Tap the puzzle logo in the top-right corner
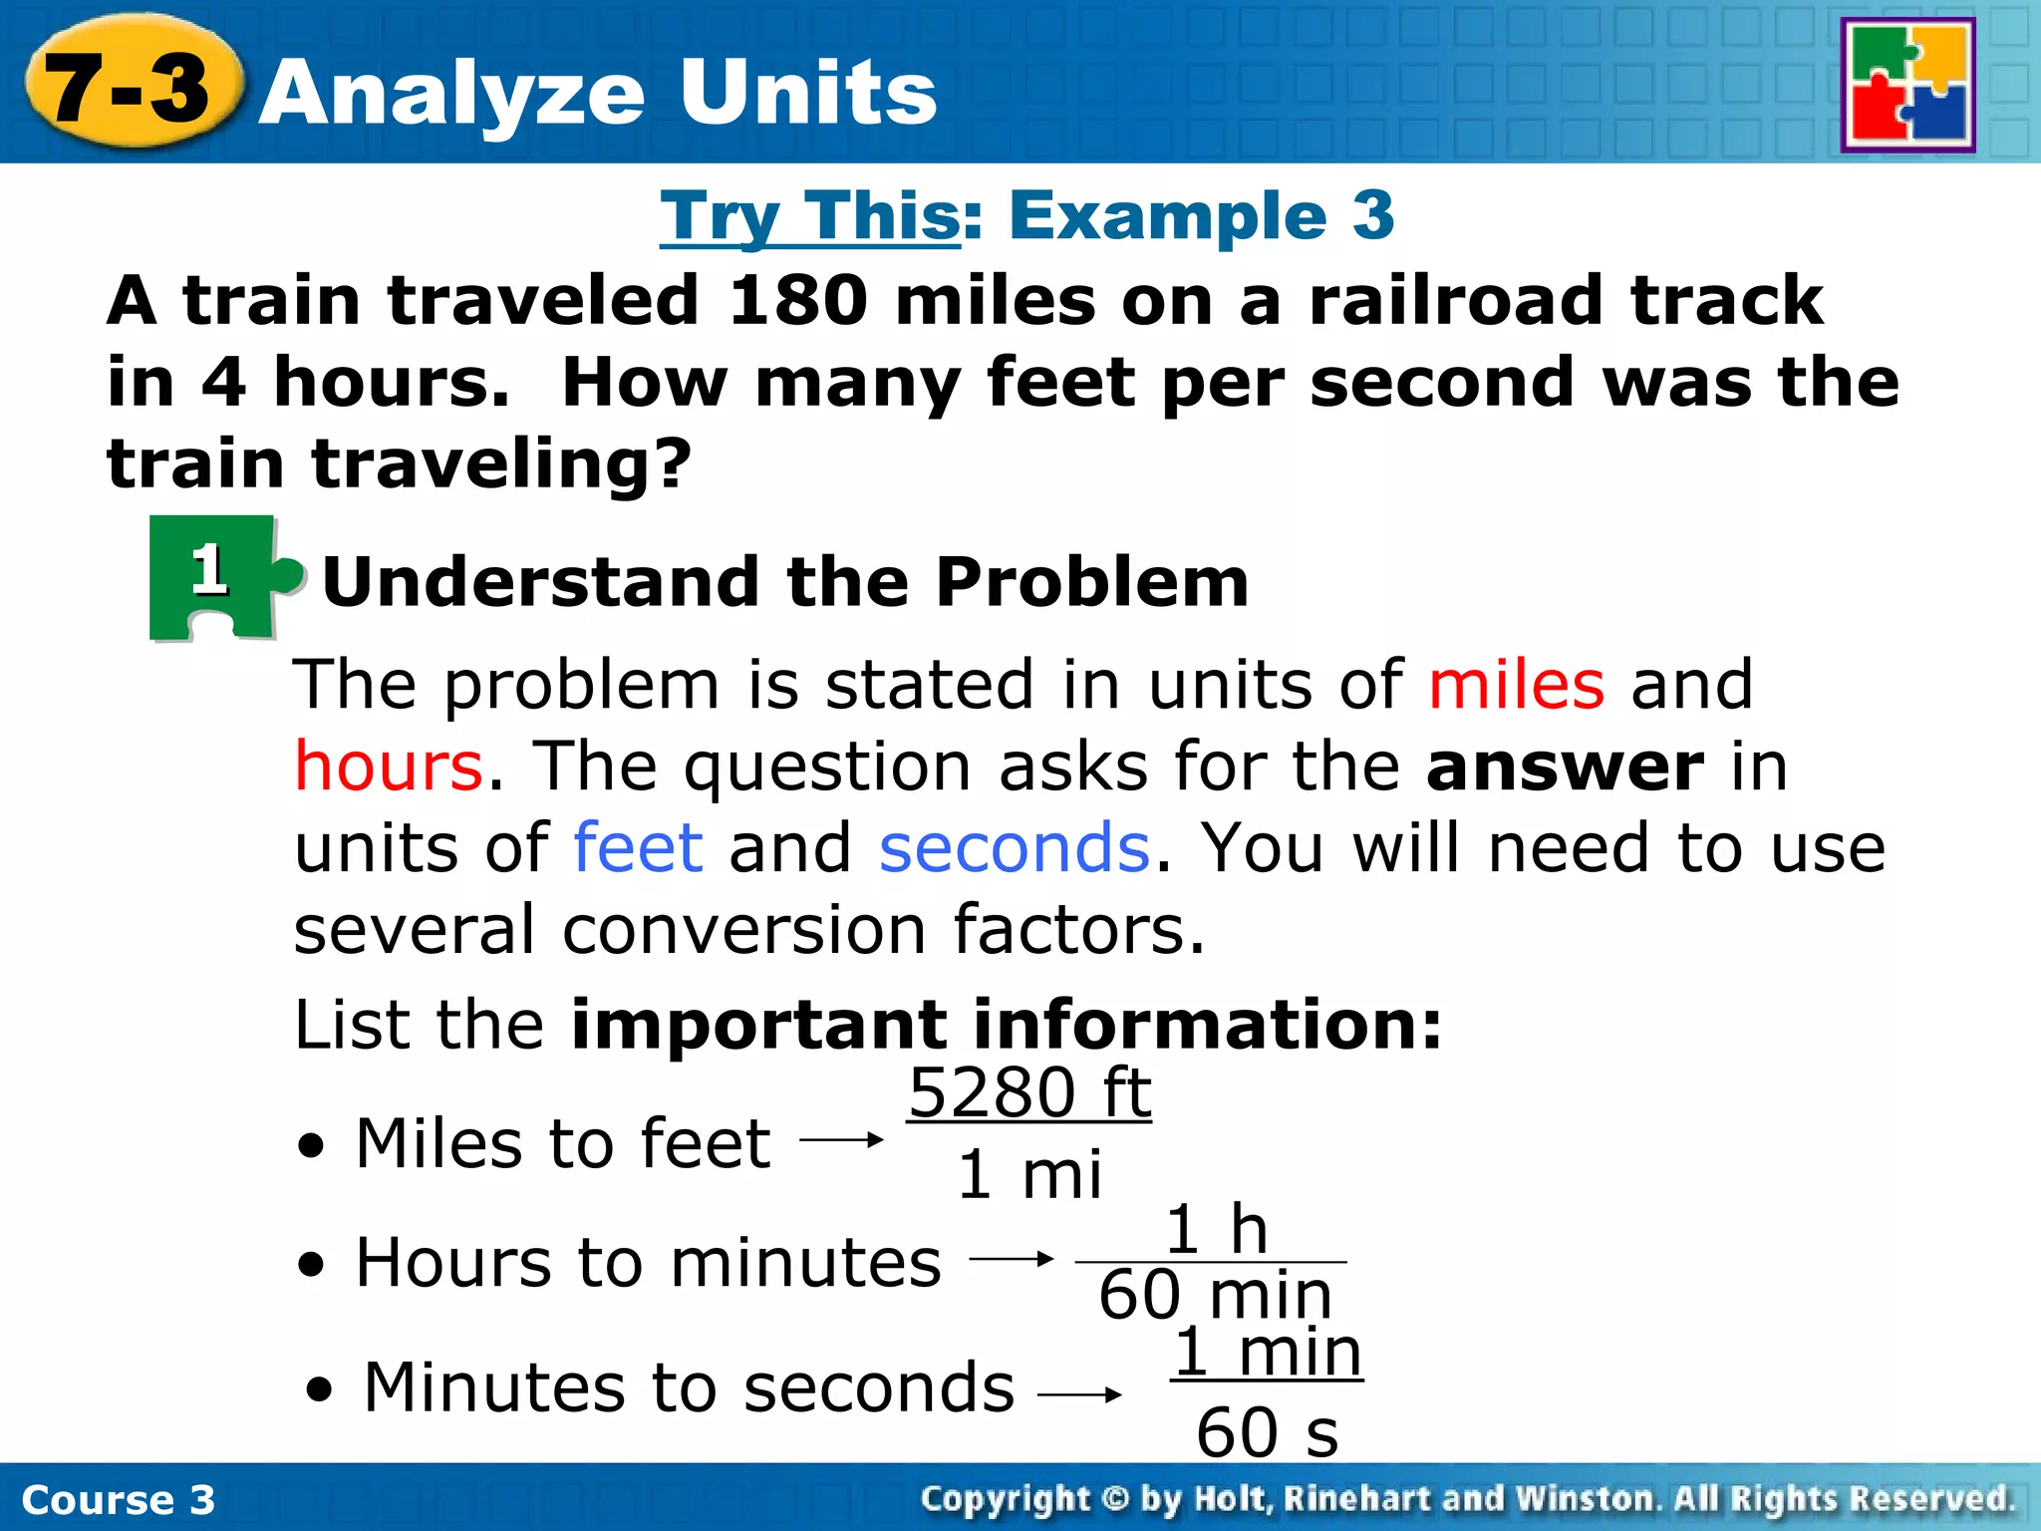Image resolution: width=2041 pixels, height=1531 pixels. click(1907, 86)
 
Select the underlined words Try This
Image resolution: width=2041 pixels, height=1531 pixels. click(809, 215)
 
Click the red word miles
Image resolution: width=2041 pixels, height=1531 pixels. click(1516, 685)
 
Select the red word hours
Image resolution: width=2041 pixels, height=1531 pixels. click(389, 766)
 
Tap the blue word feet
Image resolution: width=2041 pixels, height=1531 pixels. click(639, 848)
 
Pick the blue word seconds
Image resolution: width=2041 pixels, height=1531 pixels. click(1014, 848)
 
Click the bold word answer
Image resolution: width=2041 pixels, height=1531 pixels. click(1565, 766)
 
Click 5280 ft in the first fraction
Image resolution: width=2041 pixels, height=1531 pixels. click(1029, 1092)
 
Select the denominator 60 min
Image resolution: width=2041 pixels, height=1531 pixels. click(1215, 1295)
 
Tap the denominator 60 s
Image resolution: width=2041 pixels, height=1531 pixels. click(1267, 1432)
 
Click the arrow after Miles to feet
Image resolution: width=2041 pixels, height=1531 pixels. click(842, 1139)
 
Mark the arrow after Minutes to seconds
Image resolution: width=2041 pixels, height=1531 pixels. click(1079, 1394)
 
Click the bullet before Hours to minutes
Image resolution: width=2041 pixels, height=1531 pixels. click(312, 1265)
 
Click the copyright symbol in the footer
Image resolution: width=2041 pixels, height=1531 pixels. click(1115, 1499)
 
